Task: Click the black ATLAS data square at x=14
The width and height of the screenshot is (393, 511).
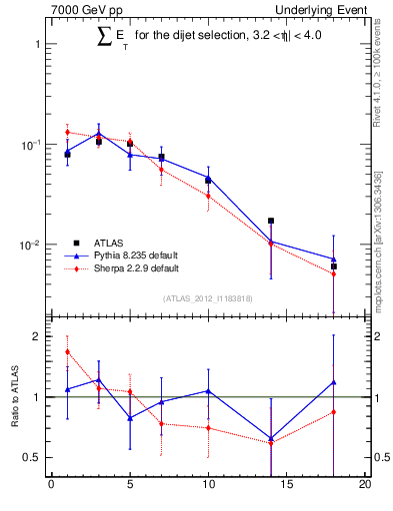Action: pyautogui.click(x=271, y=221)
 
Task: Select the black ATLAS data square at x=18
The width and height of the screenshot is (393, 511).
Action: pyautogui.click(x=334, y=266)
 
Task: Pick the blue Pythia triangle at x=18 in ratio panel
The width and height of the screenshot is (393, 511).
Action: pyautogui.click(x=334, y=382)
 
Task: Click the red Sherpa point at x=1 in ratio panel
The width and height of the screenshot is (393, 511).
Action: pyautogui.click(x=67, y=351)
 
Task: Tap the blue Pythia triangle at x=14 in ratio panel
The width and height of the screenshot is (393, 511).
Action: pyautogui.click(x=271, y=438)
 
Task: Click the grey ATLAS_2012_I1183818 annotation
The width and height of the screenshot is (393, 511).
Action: pyautogui.click(x=208, y=298)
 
